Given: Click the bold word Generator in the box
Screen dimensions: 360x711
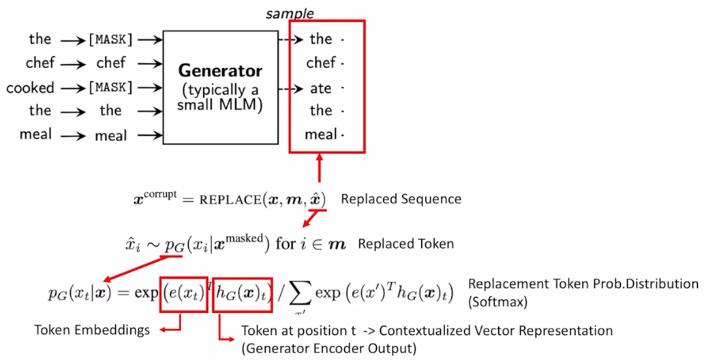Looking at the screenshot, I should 220,71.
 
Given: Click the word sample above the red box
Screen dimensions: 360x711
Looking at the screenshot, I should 290,13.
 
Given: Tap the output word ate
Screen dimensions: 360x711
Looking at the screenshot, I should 321,88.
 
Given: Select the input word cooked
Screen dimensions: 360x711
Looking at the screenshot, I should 31,88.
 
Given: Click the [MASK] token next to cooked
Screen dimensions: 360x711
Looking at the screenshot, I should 111,87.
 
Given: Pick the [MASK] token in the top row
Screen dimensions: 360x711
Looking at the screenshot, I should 111,40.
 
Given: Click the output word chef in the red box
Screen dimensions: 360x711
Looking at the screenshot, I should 321,64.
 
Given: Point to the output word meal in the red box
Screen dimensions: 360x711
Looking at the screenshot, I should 321,135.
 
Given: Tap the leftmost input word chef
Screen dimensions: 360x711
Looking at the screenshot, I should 40,64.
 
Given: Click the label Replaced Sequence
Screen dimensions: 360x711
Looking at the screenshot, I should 401,199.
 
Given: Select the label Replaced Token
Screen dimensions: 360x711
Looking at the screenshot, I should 406,244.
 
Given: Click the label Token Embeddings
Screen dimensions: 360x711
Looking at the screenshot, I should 92,330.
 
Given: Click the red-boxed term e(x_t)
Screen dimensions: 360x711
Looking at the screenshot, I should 184,292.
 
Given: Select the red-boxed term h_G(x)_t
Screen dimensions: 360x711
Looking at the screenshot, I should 242,292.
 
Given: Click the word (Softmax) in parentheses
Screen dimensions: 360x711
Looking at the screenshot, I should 497,301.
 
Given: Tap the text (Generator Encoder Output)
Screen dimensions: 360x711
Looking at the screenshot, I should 328,348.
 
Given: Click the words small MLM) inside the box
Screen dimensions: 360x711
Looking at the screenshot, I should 220,105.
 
